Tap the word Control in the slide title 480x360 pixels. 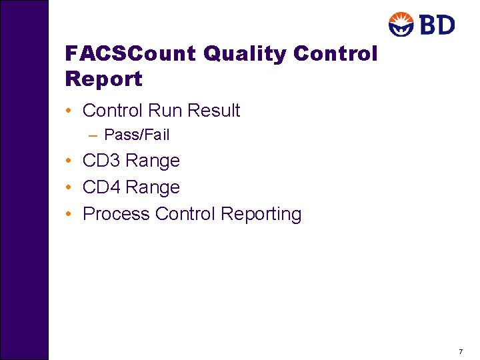coord(335,53)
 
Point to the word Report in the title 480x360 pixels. coord(104,79)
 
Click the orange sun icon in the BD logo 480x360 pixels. coord(401,24)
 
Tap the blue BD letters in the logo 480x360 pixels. coord(437,25)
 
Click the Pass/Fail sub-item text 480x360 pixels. coord(137,135)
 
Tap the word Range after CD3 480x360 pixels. coord(153,161)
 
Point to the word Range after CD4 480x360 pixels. coord(153,188)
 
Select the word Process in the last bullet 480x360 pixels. coord(116,215)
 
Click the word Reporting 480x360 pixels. coord(261,215)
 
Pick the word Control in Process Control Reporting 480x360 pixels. coord(185,215)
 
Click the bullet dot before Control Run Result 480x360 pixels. coord(69,111)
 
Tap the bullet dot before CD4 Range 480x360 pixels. coord(69,188)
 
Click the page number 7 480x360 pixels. coord(461,351)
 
